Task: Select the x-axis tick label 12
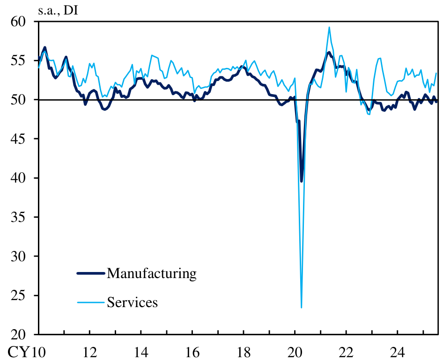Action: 89,351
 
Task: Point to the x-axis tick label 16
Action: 192,351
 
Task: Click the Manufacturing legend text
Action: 151,273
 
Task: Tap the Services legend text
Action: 133,302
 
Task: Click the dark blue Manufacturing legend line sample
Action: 91,273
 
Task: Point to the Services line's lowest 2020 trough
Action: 301,308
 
